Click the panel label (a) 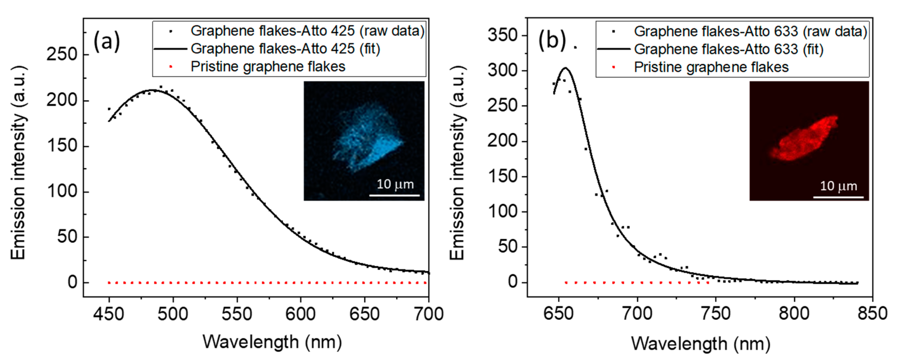coord(107,42)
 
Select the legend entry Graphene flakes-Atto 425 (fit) coord(285,49)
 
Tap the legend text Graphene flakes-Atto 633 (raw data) coord(750,31)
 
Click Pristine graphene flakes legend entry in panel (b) coord(711,67)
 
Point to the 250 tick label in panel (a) coord(62,55)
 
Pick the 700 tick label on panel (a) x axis coord(428,314)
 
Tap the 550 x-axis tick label coord(237,314)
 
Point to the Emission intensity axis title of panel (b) coord(457,162)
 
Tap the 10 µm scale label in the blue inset coord(395,184)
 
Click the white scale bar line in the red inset coord(838,197)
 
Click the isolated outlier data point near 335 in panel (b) coord(575,47)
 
